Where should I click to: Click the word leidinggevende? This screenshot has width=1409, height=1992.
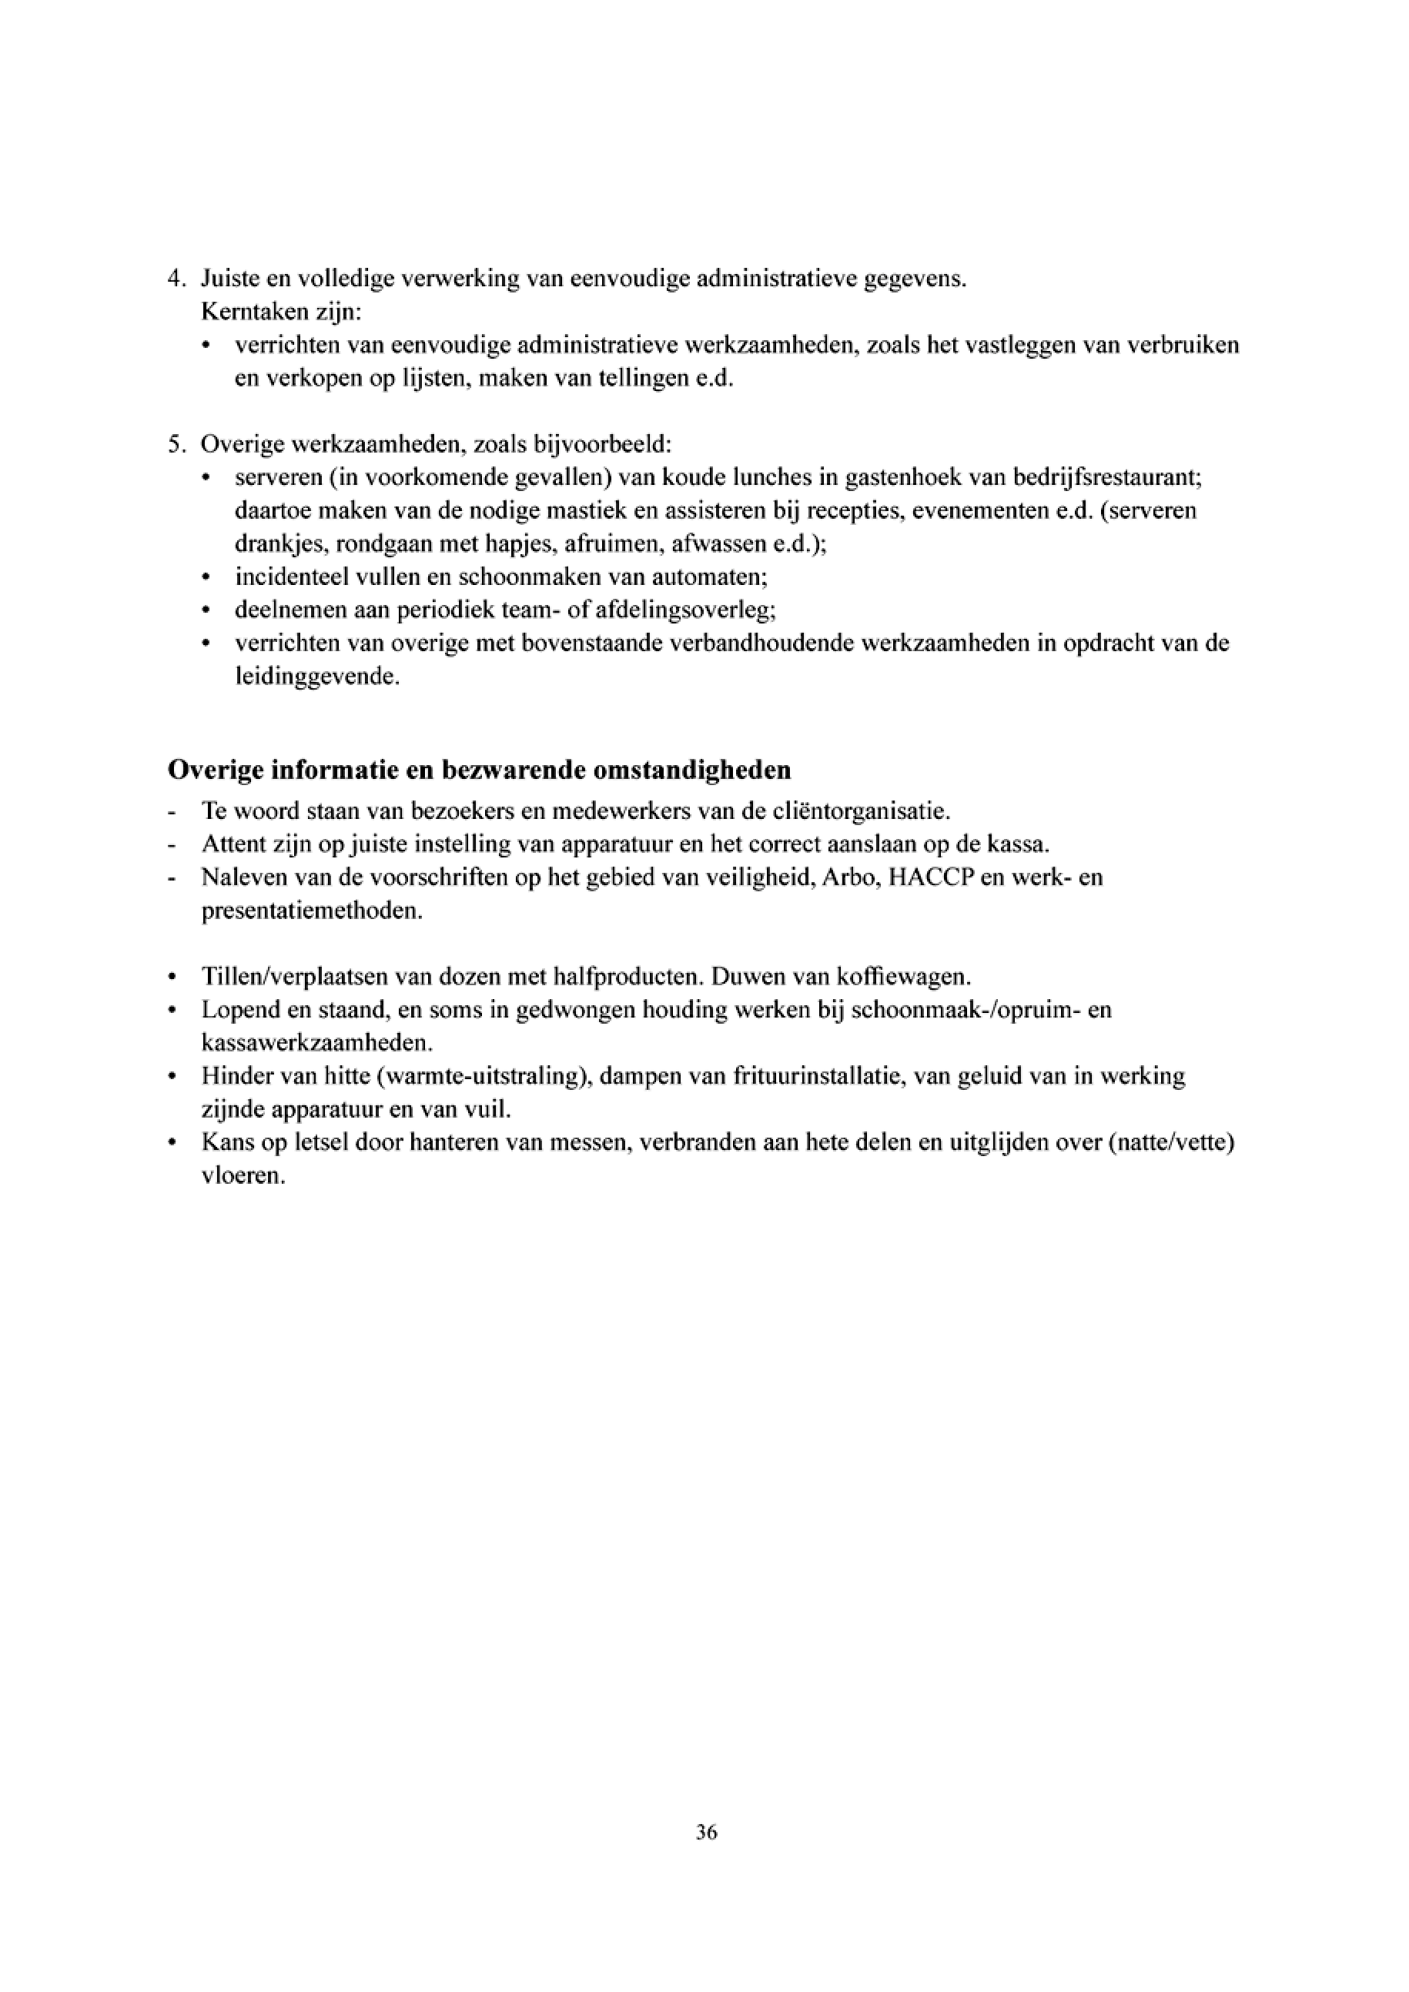(x=316, y=677)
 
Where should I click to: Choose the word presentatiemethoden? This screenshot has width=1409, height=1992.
(x=312, y=912)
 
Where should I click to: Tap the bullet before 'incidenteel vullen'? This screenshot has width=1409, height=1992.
(x=206, y=578)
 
